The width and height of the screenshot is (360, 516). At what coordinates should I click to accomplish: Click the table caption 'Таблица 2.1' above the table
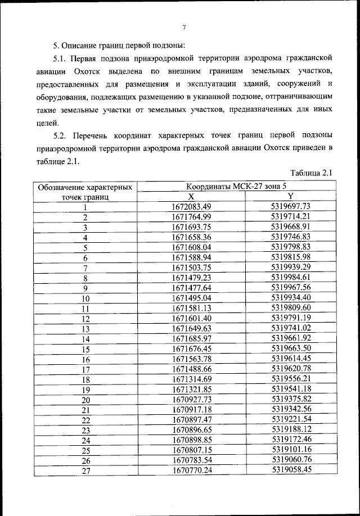tap(312, 173)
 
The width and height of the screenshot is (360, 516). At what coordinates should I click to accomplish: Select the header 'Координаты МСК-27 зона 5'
tap(239, 186)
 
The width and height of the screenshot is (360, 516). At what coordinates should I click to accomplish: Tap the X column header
tap(191, 196)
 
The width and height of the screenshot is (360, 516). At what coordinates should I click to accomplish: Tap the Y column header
tap(290, 196)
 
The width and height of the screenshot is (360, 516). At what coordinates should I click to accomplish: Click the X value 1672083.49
tap(191, 206)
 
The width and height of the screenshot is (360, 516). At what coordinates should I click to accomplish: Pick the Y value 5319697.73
tap(290, 206)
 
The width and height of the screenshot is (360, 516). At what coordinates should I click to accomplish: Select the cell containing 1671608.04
tap(191, 247)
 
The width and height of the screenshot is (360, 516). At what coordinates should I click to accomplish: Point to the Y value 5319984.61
tap(290, 277)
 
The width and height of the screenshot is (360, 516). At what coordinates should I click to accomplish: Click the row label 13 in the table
tap(86, 329)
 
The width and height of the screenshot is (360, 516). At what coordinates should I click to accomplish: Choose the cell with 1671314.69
tap(191, 379)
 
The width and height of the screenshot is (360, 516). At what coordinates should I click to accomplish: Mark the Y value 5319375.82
tap(290, 400)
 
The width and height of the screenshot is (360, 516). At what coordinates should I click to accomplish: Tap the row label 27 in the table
tap(86, 471)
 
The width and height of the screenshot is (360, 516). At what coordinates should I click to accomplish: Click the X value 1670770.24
tap(191, 470)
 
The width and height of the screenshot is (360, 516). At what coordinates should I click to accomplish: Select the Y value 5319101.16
tap(290, 450)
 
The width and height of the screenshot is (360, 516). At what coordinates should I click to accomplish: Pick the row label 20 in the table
tap(86, 400)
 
